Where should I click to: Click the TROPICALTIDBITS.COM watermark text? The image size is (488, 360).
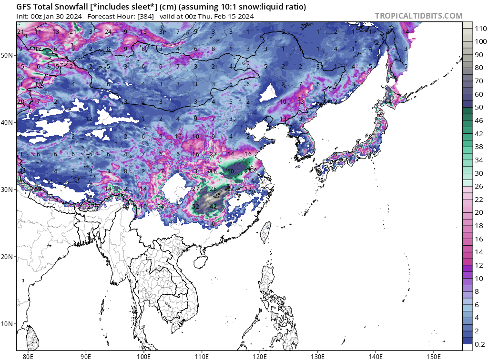click(x=418, y=16)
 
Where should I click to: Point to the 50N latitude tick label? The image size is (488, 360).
click(x=7, y=55)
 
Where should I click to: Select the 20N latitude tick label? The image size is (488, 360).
click(x=7, y=257)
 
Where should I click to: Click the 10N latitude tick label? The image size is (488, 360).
click(x=7, y=324)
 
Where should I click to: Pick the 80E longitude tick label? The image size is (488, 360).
click(x=28, y=355)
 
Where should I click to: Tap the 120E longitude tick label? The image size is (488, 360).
click(x=259, y=355)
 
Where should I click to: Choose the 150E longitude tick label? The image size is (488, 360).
click(x=433, y=355)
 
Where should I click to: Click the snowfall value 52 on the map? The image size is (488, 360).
click(x=195, y=207)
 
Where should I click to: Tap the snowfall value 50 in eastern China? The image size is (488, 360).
click(x=231, y=171)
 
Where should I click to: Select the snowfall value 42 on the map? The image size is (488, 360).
click(x=213, y=207)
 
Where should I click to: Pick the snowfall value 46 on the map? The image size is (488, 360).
click(x=213, y=171)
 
